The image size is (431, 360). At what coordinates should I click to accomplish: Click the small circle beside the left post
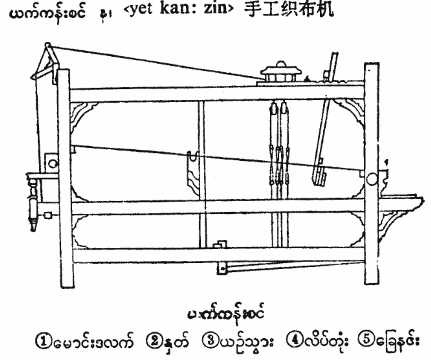[x=52, y=163]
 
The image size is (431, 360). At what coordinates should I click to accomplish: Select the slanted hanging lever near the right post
[x=323, y=136]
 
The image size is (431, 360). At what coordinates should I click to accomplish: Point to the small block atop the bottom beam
[x=220, y=245]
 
